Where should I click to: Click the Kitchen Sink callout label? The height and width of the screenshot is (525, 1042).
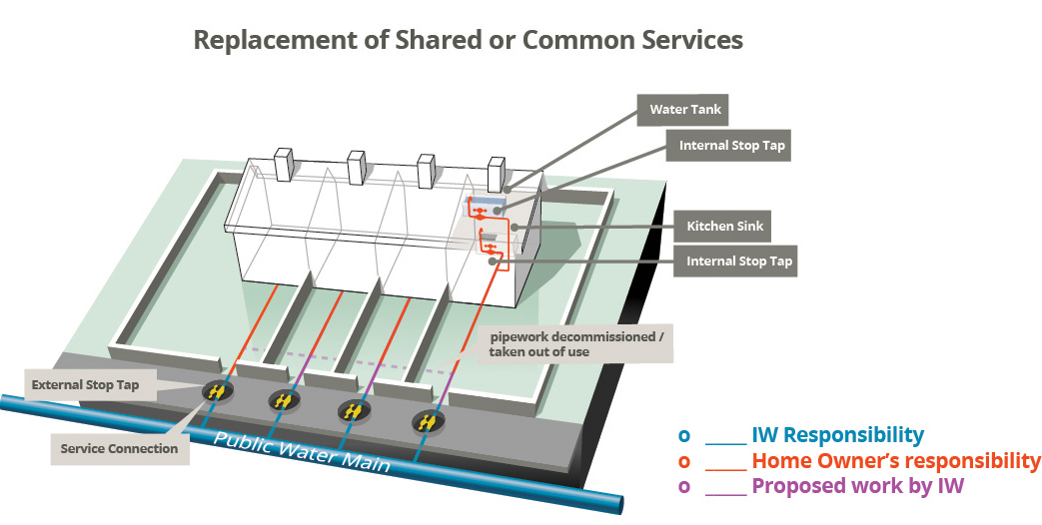(724, 226)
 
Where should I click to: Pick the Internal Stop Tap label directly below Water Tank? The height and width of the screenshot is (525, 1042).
(732, 145)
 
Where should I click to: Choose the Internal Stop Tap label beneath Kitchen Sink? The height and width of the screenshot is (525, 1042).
(739, 262)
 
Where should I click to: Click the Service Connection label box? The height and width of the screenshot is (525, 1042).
(119, 448)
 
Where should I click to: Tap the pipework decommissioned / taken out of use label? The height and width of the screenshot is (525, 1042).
(574, 343)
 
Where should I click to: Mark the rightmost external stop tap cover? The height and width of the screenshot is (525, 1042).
(427, 422)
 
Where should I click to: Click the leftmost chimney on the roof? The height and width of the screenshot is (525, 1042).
(283, 164)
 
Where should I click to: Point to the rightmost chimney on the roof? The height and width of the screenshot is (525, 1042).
(497, 173)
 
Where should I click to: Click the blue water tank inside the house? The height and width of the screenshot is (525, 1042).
(488, 203)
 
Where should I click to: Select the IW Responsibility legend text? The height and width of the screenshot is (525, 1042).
(837, 435)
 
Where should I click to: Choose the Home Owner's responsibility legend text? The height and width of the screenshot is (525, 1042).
(895, 461)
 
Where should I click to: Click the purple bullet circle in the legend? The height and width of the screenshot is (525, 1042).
(684, 487)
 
